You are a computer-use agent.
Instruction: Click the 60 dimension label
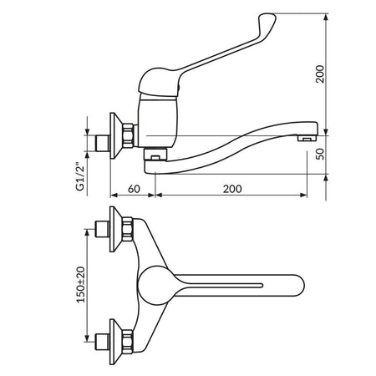click(x=134, y=189)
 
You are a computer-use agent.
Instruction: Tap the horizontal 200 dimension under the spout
click(x=232, y=189)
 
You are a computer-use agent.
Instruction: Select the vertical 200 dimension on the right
click(x=320, y=74)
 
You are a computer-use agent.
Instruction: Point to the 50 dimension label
click(x=321, y=154)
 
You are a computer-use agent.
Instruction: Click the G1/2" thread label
click(x=80, y=176)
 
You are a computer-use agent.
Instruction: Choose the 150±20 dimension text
click(x=80, y=285)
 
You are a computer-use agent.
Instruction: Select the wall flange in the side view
click(x=114, y=135)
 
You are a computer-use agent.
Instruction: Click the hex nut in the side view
click(x=128, y=135)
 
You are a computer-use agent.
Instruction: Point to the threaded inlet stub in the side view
click(x=103, y=143)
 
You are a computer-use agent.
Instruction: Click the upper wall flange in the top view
click(x=114, y=229)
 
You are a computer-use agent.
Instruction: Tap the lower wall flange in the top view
click(x=114, y=342)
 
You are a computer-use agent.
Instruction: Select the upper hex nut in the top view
click(x=128, y=229)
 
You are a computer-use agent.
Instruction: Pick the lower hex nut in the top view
click(x=128, y=342)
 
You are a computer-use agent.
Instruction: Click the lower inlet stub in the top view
click(x=103, y=342)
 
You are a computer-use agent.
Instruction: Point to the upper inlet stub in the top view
click(x=103, y=229)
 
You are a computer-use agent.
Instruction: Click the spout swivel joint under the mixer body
click(x=155, y=154)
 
